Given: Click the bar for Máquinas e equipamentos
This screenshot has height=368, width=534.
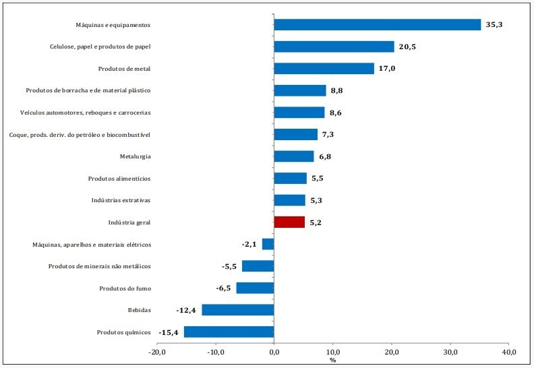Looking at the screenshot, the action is tap(378, 25).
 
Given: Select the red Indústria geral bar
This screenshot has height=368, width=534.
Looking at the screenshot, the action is tap(289, 222).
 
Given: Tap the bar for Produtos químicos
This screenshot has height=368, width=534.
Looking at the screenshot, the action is tap(229, 332).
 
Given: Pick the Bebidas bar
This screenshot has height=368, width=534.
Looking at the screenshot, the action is tap(238, 310).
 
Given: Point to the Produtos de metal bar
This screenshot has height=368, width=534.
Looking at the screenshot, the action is tap(324, 69).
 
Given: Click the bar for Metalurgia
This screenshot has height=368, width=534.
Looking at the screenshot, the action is tap(294, 156).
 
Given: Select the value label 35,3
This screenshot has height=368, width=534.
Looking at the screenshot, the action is tap(494, 24).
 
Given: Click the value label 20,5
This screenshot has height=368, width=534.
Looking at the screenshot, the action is tap(407, 47).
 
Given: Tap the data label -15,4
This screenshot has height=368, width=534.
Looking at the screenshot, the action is tap(169, 332).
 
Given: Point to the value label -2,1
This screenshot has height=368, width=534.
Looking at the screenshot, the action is tap(249, 245).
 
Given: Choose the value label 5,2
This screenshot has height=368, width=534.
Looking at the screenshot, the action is tap(316, 222).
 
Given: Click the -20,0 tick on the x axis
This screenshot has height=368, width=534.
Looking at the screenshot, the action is tap(157, 352).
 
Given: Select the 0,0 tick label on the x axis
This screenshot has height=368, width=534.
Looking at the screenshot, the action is tap(274, 352).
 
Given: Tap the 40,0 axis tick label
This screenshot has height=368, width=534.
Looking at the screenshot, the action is tap(509, 352).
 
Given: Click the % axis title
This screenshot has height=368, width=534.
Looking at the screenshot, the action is tap(332, 360).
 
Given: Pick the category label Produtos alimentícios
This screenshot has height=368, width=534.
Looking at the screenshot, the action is tap(119, 179).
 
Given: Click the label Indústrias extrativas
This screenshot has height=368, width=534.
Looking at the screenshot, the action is tap(121, 200).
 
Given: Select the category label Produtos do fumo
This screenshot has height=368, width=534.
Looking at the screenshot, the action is tap(125, 288).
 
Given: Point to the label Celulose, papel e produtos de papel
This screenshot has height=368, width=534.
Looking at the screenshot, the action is tap(100, 47).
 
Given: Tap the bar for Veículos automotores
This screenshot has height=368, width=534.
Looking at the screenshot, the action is tap(299, 113).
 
